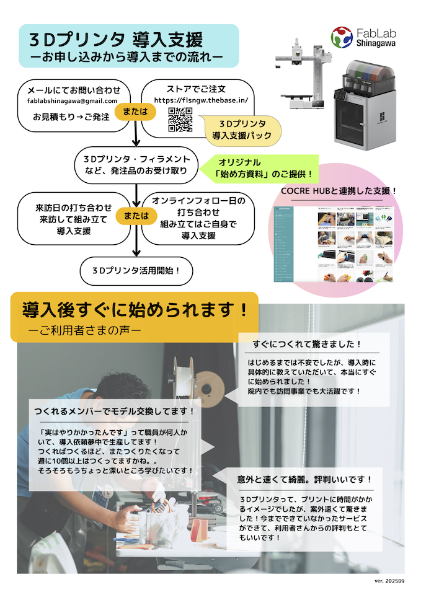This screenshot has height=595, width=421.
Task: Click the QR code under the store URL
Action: click(180, 120)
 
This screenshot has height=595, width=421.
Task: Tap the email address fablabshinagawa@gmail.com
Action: click(72, 100)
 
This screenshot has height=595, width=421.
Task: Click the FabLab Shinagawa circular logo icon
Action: click(342, 37)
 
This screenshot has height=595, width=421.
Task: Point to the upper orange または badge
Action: click(136, 111)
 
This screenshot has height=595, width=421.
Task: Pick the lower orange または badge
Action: click(136, 216)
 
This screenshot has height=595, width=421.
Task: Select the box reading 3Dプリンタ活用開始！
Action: click(136, 270)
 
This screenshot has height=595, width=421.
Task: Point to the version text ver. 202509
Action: click(389, 581)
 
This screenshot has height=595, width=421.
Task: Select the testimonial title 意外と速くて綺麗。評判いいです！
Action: click(305, 479)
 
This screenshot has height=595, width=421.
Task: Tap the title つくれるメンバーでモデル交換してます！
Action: click(115, 411)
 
